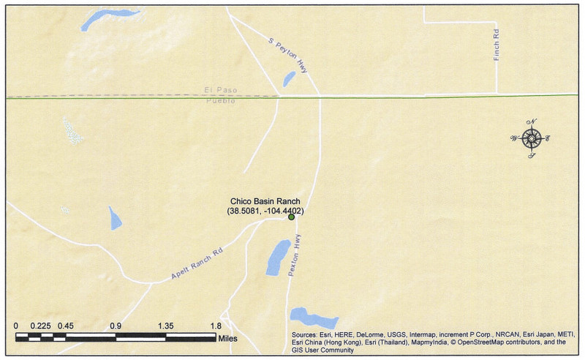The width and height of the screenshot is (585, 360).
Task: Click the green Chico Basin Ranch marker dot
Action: pos(291,217)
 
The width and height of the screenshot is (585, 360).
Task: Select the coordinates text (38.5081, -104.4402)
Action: pos(265,211)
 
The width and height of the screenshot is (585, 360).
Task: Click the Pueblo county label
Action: pos(219,101)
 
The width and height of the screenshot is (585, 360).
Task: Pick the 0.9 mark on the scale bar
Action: pos(116,326)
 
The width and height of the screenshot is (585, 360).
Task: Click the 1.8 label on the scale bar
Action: pos(216,326)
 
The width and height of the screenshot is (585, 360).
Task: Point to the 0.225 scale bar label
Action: pos(40,326)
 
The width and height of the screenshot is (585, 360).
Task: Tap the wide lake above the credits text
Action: pos(314,318)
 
